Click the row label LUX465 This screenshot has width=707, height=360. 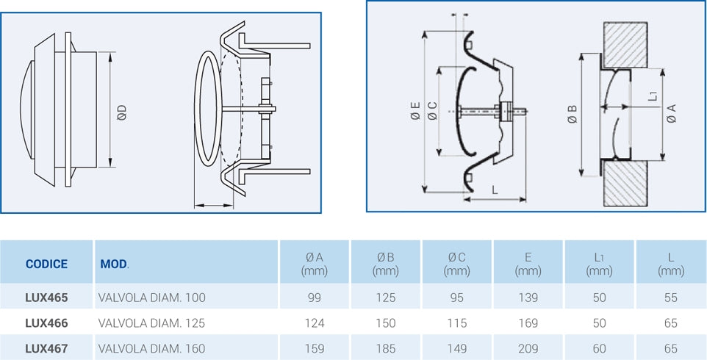click(x=46, y=298)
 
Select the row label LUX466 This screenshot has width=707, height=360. click(x=46, y=323)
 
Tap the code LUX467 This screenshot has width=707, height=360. click(x=46, y=348)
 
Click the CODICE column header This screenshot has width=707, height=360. click(x=46, y=264)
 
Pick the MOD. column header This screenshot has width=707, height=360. click(x=114, y=264)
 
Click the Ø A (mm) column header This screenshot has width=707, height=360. click(x=315, y=264)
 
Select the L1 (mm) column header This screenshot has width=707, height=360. click(x=600, y=264)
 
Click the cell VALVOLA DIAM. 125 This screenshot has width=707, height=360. click(x=151, y=323)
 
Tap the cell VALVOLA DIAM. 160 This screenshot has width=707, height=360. click(x=151, y=348)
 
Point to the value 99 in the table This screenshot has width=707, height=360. click(x=315, y=298)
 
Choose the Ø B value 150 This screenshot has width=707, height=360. click(x=386, y=323)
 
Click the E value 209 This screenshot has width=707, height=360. click(x=528, y=348)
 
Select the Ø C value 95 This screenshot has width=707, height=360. click(x=457, y=298)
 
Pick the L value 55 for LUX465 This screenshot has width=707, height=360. click(x=671, y=298)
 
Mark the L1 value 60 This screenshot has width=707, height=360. click(x=600, y=348)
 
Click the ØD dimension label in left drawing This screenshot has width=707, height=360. click(x=122, y=112)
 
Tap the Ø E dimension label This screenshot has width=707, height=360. click(x=415, y=112)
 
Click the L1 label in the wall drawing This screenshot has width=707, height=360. click(x=653, y=96)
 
